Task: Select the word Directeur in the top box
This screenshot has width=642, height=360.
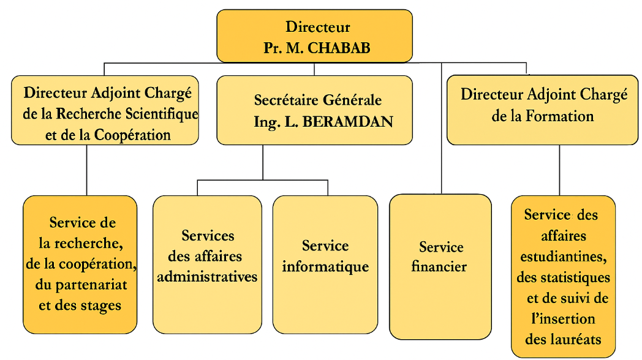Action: coord(317,27)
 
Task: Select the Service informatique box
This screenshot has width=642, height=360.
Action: coord(325,264)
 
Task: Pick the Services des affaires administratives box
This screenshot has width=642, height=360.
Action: coord(207,264)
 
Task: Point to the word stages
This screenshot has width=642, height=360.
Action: coord(100,306)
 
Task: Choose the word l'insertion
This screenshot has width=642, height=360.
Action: coord(563,318)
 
